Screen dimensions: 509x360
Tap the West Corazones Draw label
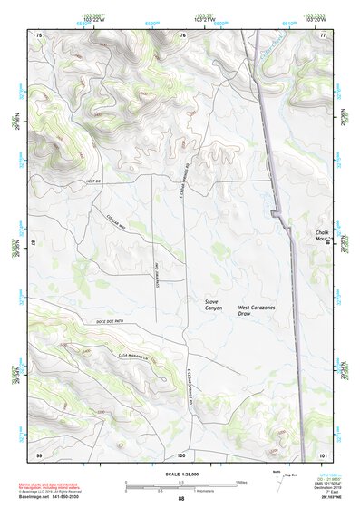pos(256,312)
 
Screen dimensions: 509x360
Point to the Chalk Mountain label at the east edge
pos(322,237)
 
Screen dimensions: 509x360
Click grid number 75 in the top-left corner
pos(39,34)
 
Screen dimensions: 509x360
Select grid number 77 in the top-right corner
pos(323,34)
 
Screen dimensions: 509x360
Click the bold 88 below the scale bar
pos(181,499)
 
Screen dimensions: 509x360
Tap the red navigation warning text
pos(45,488)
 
